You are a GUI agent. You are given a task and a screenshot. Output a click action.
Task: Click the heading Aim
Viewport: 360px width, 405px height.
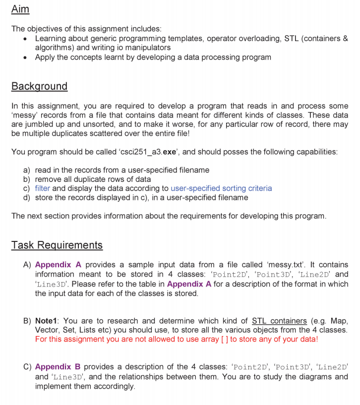tap(20, 9)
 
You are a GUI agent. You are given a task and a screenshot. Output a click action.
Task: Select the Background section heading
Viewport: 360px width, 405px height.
tap(39, 86)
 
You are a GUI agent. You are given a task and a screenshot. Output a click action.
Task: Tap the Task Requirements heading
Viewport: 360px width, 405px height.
tap(57, 245)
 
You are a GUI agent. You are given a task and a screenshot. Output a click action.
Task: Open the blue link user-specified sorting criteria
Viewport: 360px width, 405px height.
tap(221, 188)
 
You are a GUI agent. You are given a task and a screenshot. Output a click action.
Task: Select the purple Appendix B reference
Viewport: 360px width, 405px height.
tap(58, 367)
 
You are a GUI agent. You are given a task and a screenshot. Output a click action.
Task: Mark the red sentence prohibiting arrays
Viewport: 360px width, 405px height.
tap(177, 339)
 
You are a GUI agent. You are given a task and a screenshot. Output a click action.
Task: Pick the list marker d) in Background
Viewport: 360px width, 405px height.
tap(27, 198)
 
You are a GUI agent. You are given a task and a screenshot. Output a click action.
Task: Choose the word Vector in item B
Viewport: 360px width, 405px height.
tap(47, 330)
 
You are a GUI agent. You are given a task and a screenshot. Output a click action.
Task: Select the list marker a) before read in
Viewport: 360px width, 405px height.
tap(27, 170)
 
